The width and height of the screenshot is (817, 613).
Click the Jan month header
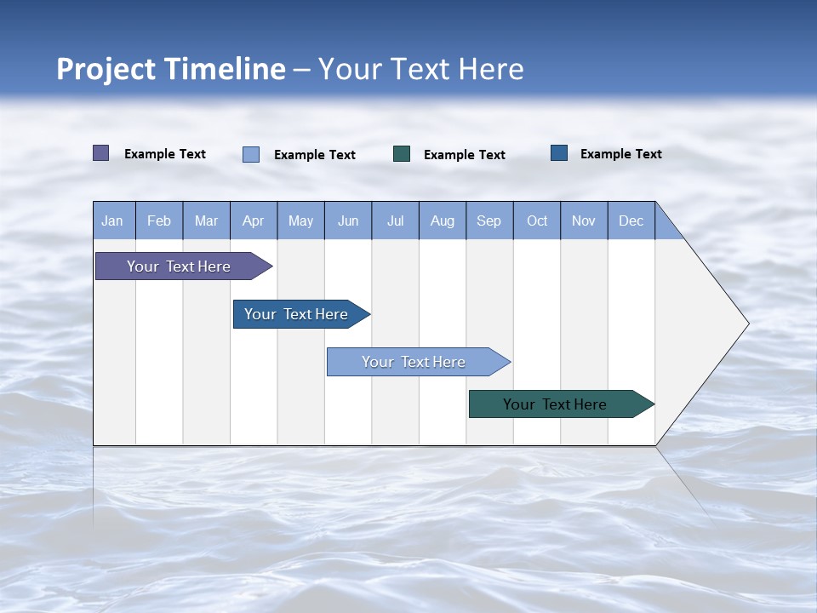pyautogui.click(x=112, y=221)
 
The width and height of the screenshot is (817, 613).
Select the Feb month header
pyautogui.click(x=159, y=221)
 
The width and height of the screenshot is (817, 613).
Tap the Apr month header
pyautogui.click(x=254, y=221)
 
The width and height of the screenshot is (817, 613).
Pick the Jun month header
pyautogui.click(x=348, y=221)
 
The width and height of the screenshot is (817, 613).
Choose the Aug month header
pyautogui.click(x=443, y=221)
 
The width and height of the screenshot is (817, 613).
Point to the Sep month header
pyautogui.click(x=489, y=221)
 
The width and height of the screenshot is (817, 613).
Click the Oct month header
pyautogui.click(x=537, y=221)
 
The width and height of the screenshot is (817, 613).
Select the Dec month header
pyautogui.click(x=631, y=221)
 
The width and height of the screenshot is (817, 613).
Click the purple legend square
pyautogui.click(x=101, y=153)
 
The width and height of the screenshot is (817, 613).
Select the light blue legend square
pyautogui.click(x=251, y=154)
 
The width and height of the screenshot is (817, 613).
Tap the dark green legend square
pyautogui.click(x=402, y=154)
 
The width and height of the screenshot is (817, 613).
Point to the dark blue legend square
pyautogui.click(x=559, y=153)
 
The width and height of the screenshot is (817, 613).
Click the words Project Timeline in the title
pyautogui.click(x=171, y=69)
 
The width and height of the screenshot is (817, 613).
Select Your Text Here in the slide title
pyautogui.click(x=421, y=69)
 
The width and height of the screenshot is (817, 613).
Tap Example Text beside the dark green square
pyautogui.click(x=465, y=155)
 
